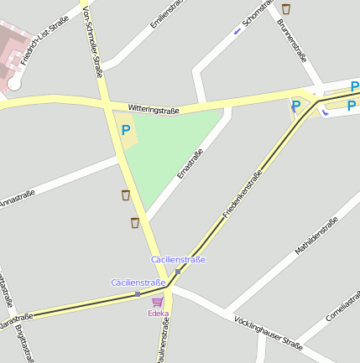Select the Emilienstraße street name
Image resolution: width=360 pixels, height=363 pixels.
tap(164, 14)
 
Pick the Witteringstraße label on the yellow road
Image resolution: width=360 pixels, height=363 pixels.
tap(154, 109)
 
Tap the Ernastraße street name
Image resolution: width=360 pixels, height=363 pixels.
tap(190, 163)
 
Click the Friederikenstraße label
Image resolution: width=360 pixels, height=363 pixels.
tap(243, 194)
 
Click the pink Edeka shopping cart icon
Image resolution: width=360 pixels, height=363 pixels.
tap(158, 302)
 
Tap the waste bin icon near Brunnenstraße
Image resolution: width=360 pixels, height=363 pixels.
tap(287, 9)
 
